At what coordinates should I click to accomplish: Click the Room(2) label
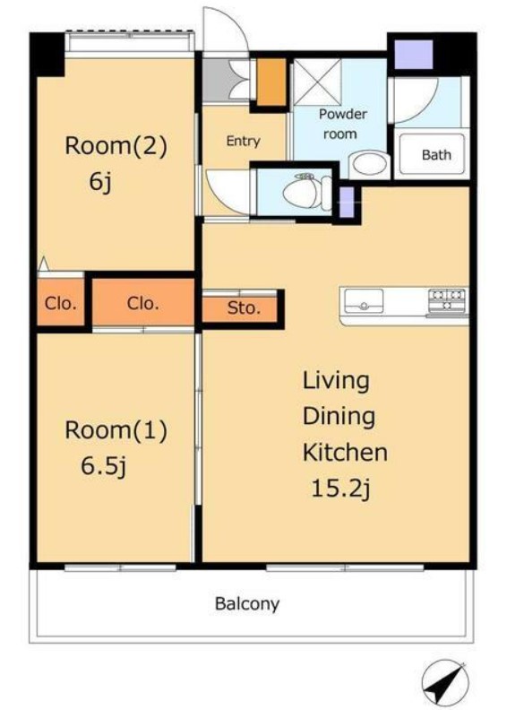coord(116,146)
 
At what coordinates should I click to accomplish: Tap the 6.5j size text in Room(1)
coord(104,465)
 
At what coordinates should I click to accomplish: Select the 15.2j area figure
coord(341,489)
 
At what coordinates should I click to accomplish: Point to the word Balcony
coord(247,603)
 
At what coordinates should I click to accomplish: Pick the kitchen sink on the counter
coord(364,301)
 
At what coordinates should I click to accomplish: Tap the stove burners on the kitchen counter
coord(447,300)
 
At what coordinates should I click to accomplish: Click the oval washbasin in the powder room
coord(369,163)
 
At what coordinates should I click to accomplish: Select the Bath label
coord(436,155)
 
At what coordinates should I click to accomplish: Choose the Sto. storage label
coord(244,308)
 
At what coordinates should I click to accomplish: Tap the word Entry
coord(243,141)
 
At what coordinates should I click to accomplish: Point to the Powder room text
coord(342,124)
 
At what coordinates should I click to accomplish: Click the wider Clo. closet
coord(143,302)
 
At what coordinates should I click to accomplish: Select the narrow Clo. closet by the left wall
coord(61,302)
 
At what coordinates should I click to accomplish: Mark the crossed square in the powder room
coord(317,82)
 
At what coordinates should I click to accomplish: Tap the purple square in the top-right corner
coord(414,55)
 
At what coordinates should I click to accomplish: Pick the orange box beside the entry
coord(271,82)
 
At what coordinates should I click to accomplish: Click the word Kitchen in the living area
coord(345,452)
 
